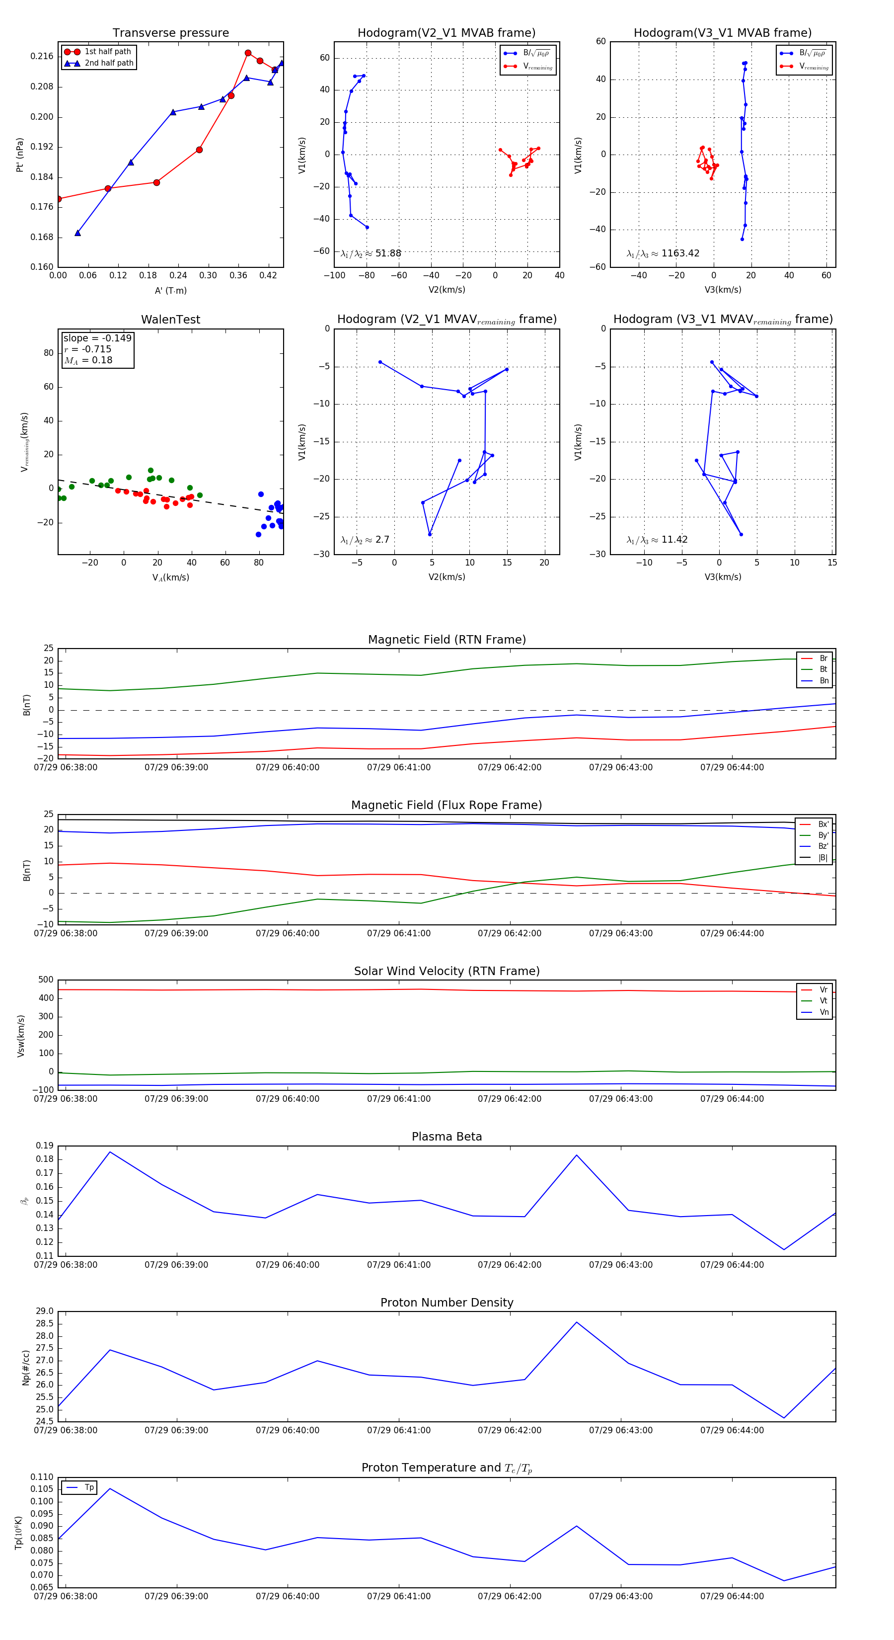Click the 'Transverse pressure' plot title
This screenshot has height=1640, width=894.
(170, 33)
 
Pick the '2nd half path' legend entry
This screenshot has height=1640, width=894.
(109, 63)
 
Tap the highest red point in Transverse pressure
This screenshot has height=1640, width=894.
(248, 53)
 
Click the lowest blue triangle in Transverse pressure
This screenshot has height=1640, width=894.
(77, 233)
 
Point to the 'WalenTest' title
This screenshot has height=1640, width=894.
(170, 320)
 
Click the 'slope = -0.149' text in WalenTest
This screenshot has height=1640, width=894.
(97, 338)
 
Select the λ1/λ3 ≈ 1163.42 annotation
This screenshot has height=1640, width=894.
(663, 253)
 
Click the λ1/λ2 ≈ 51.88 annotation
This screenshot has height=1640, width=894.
(371, 253)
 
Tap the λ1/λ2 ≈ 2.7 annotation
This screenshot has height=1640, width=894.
(365, 540)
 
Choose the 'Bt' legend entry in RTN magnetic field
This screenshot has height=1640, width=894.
(823, 669)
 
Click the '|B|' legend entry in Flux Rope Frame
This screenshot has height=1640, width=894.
(823, 858)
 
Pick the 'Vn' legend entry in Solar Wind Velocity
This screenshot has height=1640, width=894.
(824, 1012)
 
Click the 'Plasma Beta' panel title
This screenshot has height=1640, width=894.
(447, 1137)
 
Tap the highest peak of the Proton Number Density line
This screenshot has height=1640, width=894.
(577, 1322)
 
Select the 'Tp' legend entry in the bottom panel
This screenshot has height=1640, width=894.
(89, 1487)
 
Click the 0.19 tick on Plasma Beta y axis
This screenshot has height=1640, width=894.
(45, 1146)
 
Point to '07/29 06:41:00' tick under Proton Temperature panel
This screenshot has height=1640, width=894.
(399, 1596)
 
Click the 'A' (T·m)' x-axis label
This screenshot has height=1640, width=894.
(170, 291)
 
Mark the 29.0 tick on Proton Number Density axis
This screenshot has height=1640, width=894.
(45, 1312)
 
